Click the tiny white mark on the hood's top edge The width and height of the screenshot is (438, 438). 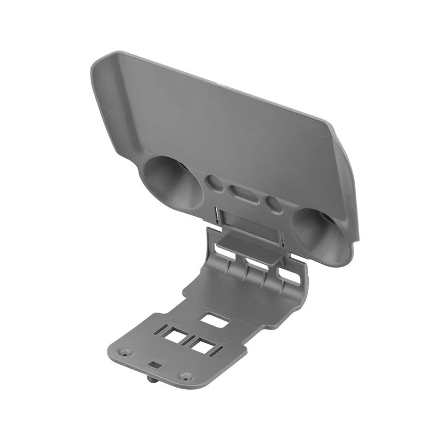point(218,83)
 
